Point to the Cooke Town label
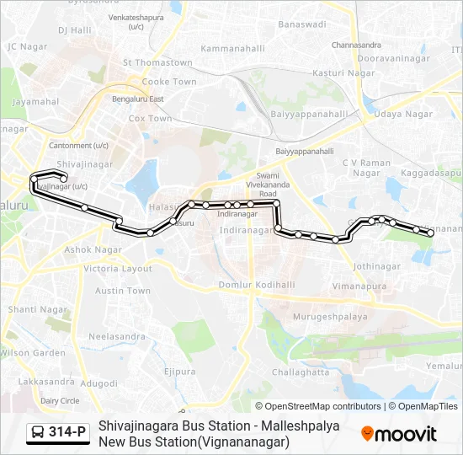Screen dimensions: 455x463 [169, 82]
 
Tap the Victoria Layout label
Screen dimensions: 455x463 [119, 269]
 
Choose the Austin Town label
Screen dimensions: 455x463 [122, 291]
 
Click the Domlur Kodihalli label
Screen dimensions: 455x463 [256, 285]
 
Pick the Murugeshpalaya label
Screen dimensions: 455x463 [331, 317]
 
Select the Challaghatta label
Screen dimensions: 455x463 [301, 372]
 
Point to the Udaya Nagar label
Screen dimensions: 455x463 [404, 114]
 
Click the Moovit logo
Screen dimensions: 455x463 [398, 434]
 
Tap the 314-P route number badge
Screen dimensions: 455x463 [57, 433]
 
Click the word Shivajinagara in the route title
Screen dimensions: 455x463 [139, 426]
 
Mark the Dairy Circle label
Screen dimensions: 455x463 [60, 400]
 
